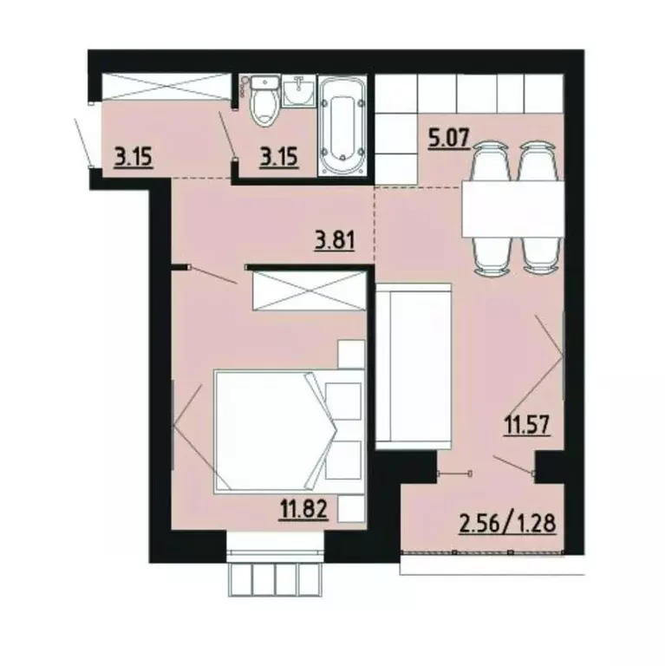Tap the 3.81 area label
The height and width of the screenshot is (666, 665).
pyautogui.click(x=335, y=238)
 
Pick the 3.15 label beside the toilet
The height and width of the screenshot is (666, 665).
pyautogui.click(x=279, y=159)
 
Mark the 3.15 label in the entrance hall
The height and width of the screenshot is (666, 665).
pyautogui.click(x=134, y=159)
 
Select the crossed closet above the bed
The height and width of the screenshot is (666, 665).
pyautogui.click(x=310, y=290)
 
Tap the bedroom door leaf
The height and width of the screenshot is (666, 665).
pyautogui.click(x=212, y=276)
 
